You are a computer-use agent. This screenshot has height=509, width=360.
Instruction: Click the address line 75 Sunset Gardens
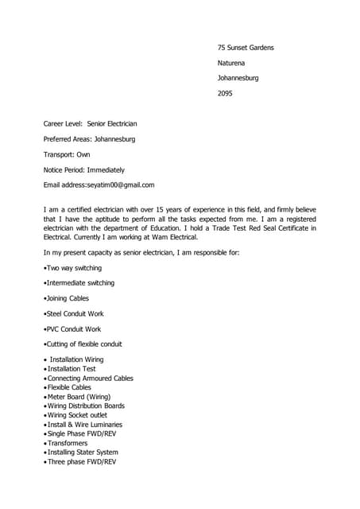(246, 48)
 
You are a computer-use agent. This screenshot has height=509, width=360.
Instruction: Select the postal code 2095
(226, 93)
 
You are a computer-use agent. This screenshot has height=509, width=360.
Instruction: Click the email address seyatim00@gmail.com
(121, 185)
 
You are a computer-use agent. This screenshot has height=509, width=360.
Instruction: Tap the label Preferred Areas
(67, 139)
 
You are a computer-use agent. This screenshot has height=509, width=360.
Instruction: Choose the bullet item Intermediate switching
(80, 283)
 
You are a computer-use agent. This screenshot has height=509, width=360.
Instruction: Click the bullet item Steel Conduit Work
(76, 313)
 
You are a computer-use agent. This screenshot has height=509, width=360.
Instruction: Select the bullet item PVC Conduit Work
(74, 328)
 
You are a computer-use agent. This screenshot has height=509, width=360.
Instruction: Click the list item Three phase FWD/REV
(82, 461)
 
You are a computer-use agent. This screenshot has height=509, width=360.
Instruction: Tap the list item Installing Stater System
(87, 453)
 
